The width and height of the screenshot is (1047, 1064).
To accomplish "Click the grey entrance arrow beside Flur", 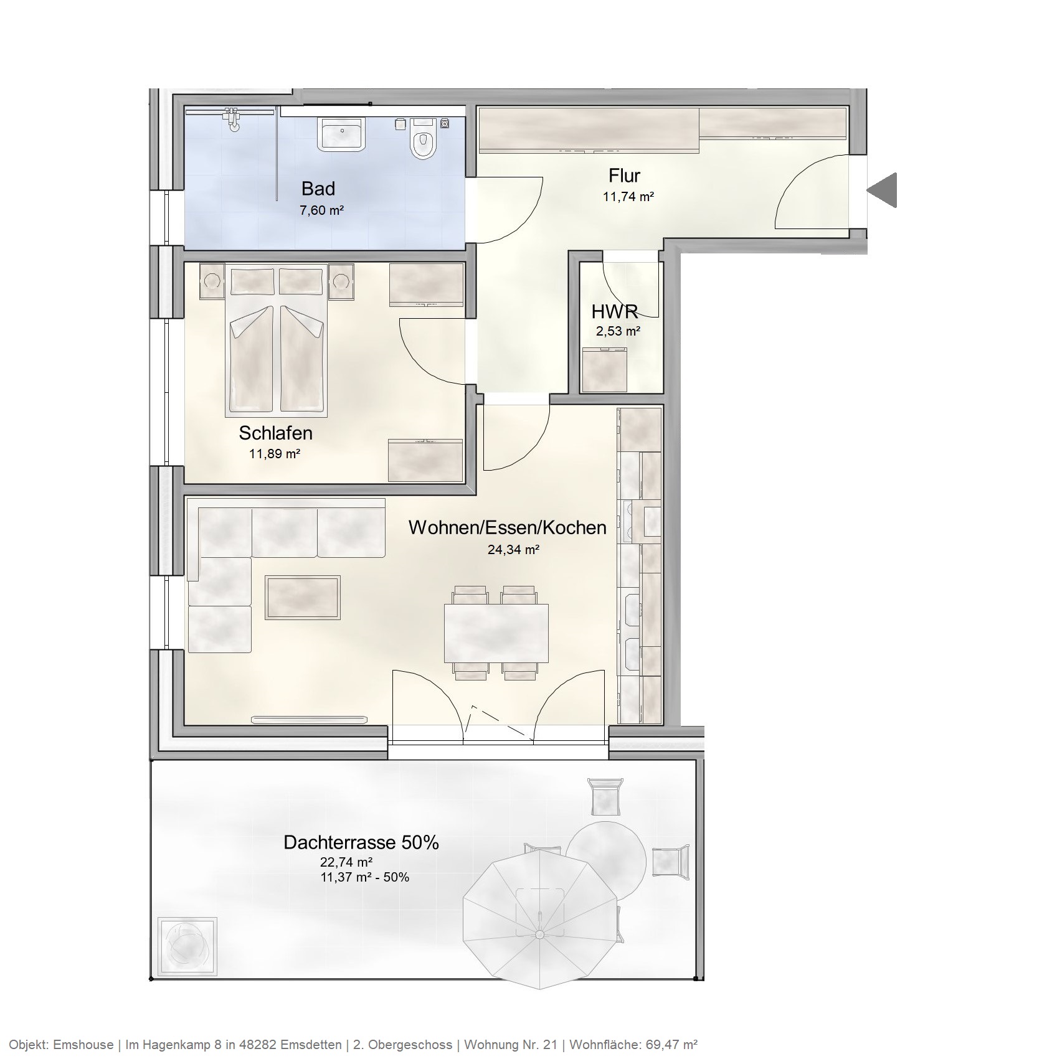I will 883,190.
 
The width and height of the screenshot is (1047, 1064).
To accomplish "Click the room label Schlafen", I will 275,433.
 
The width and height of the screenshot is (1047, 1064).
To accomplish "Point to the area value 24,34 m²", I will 513,550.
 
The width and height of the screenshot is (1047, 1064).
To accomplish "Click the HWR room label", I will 615,311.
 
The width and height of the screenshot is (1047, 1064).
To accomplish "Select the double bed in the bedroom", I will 277,349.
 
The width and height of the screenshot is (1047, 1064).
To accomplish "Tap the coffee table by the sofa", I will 303,597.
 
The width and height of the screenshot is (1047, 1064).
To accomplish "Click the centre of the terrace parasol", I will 539,935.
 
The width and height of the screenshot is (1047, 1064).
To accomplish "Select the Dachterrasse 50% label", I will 361,842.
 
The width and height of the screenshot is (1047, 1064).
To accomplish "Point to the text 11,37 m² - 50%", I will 364,878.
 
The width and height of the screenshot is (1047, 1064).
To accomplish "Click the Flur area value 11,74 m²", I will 628,197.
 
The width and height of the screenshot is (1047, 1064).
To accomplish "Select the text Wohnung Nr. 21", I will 511,1045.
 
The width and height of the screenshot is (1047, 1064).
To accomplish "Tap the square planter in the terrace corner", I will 187,947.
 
